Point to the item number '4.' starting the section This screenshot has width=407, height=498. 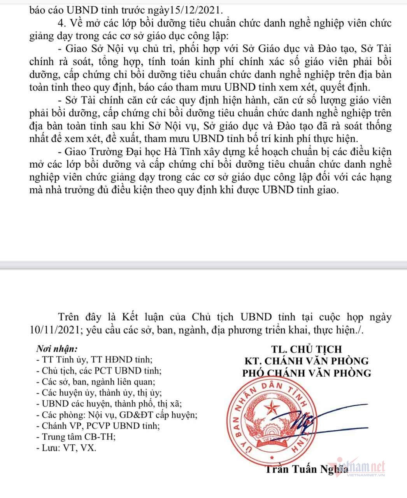tap(61, 24)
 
